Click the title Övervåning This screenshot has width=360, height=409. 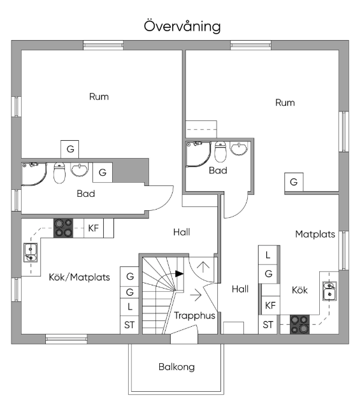pos(182,26)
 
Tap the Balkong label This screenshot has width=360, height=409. pos(176,367)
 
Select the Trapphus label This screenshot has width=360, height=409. pos(194,315)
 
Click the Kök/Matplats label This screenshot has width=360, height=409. pos(79,277)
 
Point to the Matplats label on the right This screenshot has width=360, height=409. pos(315,234)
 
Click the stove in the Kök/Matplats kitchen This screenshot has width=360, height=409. pos(63,228)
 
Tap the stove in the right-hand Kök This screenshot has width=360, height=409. pos(300,324)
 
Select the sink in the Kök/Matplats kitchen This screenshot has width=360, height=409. pos(31,252)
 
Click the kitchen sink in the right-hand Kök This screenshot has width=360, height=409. pos(329,291)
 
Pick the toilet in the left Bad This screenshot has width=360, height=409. pos(59,173)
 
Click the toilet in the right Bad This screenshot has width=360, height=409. pos(220,152)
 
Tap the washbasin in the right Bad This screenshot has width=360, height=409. pos(239,148)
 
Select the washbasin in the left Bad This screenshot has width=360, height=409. pos(80,169)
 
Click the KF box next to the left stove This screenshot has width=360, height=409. pos(94,228)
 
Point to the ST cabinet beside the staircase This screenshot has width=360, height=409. pos(129,325)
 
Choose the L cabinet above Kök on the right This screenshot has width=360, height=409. pos(268,255)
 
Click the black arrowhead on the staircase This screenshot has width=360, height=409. pos(179,274)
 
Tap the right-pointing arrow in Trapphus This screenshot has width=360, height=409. pos(196,295)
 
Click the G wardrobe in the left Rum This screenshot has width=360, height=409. pos(69,149)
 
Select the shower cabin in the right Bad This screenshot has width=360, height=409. pos(198,154)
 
